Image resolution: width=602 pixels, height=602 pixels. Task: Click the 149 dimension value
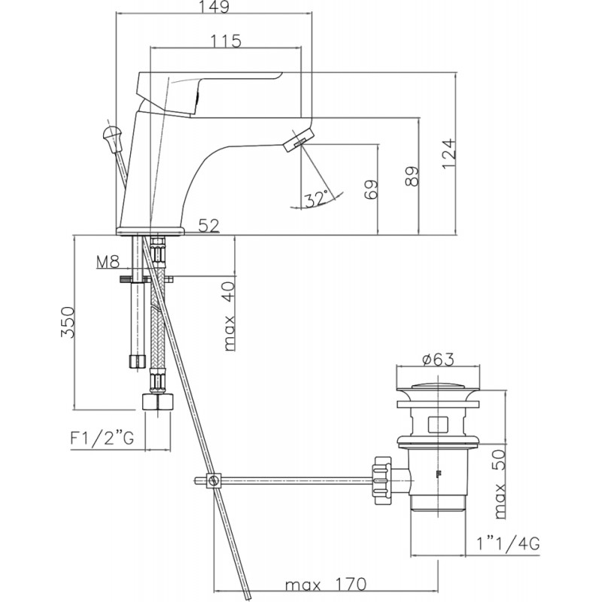point(214,7)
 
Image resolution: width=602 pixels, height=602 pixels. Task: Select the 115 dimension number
point(227,41)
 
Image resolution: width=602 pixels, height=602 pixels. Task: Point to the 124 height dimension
point(448,154)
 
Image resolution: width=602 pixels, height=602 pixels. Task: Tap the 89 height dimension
point(412,176)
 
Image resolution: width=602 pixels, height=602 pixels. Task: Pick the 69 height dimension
point(371,190)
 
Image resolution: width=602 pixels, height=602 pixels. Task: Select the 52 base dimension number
point(209,226)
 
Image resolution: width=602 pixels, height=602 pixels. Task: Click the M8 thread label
point(108,262)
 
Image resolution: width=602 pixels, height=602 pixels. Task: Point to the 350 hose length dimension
point(67,322)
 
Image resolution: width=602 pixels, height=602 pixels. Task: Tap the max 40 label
point(229,316)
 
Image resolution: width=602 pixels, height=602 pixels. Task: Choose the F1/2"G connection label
point(102,438)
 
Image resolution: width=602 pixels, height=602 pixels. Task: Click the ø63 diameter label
point(438,360)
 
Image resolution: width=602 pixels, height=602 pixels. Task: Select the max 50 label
point(500,484)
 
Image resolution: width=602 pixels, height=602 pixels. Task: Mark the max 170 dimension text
point(326,585)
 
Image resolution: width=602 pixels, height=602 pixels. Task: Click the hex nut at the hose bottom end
point(158,402)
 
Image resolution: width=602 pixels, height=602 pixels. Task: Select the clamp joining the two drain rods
point(213,480)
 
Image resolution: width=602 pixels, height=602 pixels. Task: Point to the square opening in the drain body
point(438,424)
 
